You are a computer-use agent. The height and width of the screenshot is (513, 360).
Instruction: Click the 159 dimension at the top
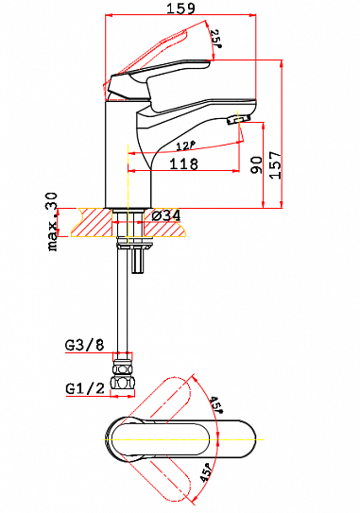tap(180, 9)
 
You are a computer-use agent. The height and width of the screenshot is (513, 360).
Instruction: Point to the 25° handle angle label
tap(216, 40)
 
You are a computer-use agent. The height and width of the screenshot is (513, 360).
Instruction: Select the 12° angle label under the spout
tap(186, 145)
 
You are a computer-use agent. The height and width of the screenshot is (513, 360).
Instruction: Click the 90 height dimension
tap(255, 166)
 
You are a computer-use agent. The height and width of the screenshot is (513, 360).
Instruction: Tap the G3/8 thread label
tap(83, 346)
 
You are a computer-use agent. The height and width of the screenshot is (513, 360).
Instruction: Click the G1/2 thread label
tap(83, 387)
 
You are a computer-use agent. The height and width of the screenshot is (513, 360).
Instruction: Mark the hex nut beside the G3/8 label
tap(124, 363)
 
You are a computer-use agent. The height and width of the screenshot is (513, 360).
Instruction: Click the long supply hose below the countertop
tap(124, 302)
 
